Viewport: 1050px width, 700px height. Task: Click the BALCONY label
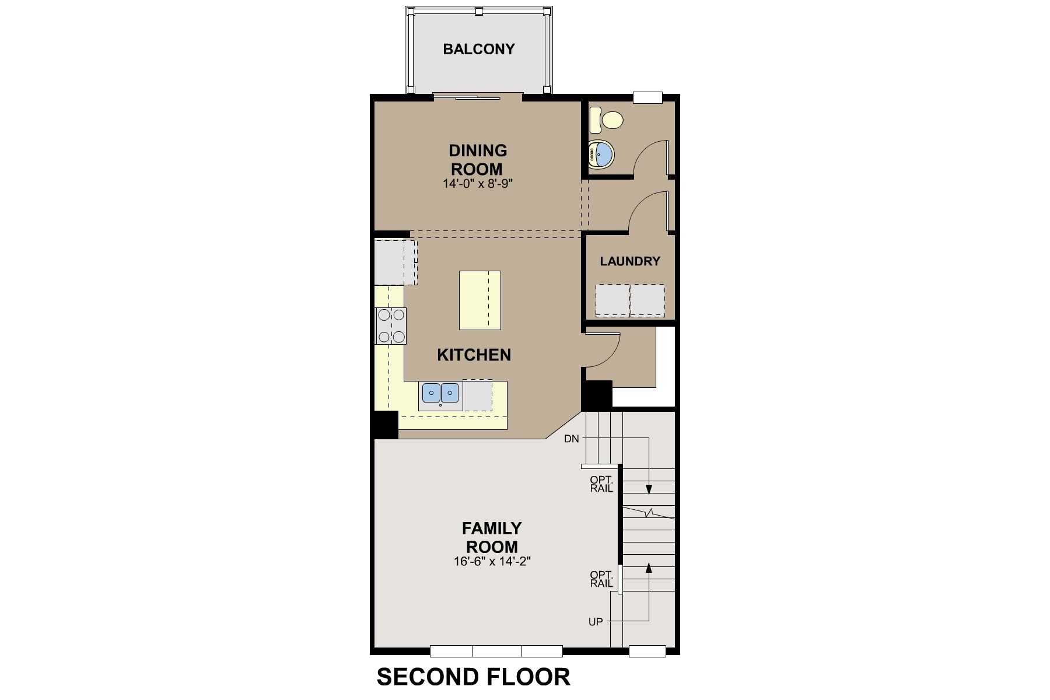click(x=479, y=49)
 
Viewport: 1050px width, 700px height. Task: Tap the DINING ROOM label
click(x=478, y=160)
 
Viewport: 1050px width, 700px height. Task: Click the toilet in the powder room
click(x=606, y=120)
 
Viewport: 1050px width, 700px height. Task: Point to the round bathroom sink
click(x=601, y=155)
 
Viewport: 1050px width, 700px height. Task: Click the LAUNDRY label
click(x=630, y=261)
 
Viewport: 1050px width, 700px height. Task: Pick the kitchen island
click(x=480, y=300)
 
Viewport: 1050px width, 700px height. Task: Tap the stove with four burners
click(x=391, y=325)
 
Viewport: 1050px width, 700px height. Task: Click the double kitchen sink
click(x=440, y=392)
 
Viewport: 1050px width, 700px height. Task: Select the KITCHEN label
click(x=474, y=355)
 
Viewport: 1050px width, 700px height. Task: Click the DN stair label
click(x=572, y=439)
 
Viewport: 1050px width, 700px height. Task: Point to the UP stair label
click(x=596, y=622)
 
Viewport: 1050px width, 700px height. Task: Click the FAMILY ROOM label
click(x=492, y=537)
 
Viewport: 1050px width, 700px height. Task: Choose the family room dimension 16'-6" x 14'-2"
click(x=492, y=562)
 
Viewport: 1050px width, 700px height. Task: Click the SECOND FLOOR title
click(x=473, y=677)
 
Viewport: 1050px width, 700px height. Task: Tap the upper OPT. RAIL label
click(x=601, y=484)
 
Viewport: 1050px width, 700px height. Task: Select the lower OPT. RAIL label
click(x=601, y=579)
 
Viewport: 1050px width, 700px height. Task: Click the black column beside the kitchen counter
click(x=385, y=425)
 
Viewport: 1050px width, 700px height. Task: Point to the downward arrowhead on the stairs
click(x=649, y=489)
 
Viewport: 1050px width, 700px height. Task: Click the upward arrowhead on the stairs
click(x=649, y=567)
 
